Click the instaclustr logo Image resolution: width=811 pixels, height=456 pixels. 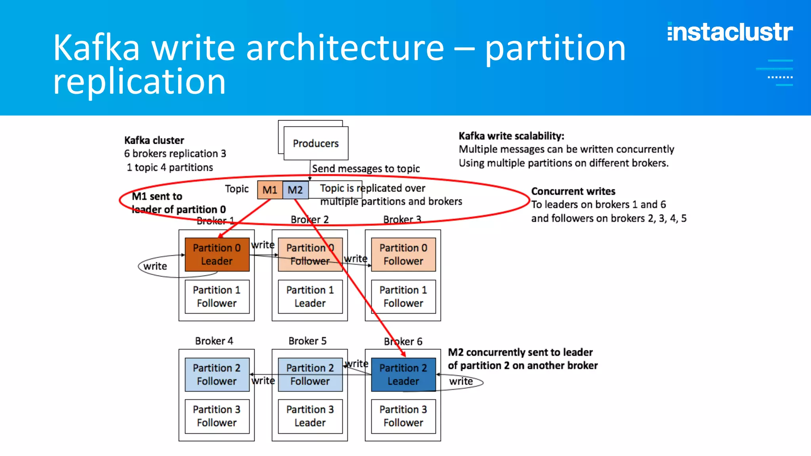[x=730, y=32]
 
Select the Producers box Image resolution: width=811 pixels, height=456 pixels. [x=316, y=143]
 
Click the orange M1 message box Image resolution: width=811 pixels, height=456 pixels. [x=270, y=190]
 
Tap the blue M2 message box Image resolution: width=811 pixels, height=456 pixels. [x=295, y=190]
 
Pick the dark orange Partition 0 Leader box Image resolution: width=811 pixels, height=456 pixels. [x=217, y=255]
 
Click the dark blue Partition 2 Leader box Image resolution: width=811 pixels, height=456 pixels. [x=403, y=374]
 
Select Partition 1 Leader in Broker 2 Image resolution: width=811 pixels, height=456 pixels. [x=310, y=296]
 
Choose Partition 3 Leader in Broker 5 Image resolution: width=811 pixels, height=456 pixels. [x=310, y=416]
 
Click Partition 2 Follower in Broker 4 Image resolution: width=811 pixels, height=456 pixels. [x=217, y=374]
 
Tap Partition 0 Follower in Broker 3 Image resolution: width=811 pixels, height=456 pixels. [x=403, y=255]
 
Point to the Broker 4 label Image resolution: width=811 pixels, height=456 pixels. [x=214, y=341]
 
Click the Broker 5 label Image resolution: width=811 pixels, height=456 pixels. [x=307, y=341]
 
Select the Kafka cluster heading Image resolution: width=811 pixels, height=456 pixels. [x=154, y=141]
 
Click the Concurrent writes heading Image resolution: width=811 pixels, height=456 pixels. [x=573, y=192]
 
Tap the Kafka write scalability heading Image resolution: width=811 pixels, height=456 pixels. [x=511, y=136]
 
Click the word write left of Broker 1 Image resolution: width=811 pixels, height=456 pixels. [x=155, y=266]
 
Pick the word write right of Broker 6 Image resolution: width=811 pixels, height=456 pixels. [x=461, y=382]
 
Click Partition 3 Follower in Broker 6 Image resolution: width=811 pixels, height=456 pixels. [x=403, y=416]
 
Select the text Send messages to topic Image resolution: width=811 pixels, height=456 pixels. [x=366, y=169]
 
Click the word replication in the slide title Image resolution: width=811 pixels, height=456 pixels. [x=139, y=82]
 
